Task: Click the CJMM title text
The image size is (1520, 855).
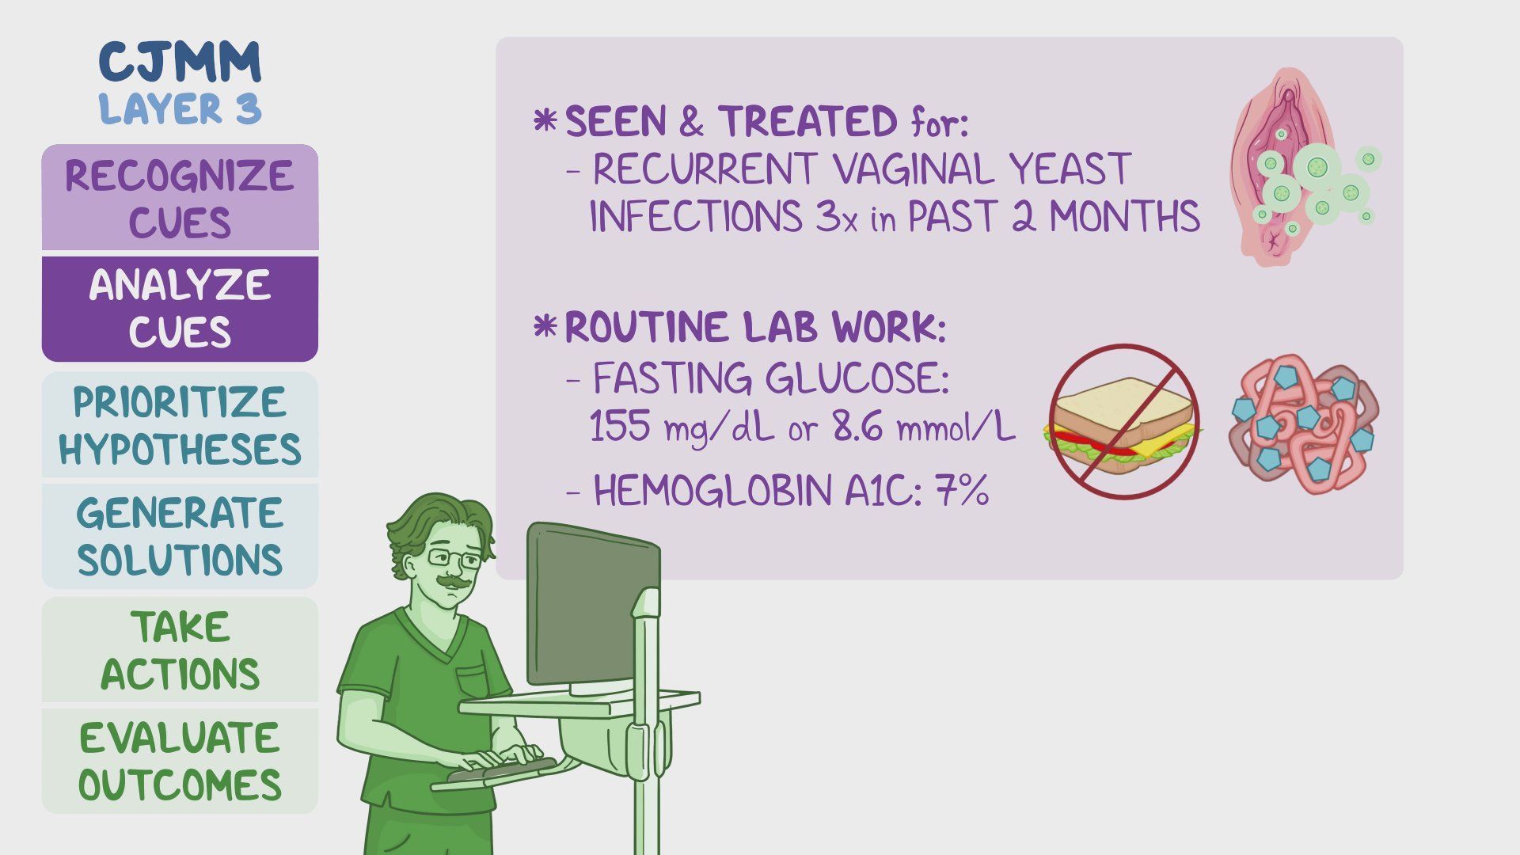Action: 180,62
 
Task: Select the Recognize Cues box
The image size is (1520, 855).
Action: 180,198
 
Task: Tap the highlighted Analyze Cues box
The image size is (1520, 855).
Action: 180,309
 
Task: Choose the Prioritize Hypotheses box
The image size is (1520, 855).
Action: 180,425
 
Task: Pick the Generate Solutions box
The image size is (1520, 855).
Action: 180,536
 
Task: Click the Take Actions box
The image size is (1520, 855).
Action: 180,650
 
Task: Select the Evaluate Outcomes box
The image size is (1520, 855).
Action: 180,761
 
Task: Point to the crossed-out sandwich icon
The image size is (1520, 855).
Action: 1123,422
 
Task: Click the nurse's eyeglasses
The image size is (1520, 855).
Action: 454,558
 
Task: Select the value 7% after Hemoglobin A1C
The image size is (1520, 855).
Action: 962,491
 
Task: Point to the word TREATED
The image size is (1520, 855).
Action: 808,122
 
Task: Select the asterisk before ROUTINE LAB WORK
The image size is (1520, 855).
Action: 545,326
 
